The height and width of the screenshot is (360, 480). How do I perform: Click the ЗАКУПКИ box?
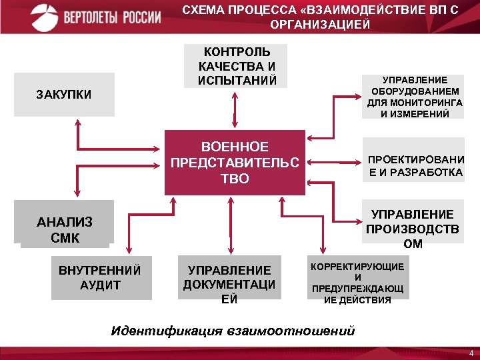[64, 95]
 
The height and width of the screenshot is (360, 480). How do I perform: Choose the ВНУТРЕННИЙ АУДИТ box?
[99, 277]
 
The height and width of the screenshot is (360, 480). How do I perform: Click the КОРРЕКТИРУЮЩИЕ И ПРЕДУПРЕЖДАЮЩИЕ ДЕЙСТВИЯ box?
[358, 283]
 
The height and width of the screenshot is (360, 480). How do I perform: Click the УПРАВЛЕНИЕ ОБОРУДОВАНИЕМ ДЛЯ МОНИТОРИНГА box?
[413, 95]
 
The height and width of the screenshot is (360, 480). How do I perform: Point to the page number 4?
[471, 353]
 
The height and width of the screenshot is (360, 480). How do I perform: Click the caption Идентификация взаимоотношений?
[233, 331]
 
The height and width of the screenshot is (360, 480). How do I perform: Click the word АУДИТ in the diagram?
[99, 285]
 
